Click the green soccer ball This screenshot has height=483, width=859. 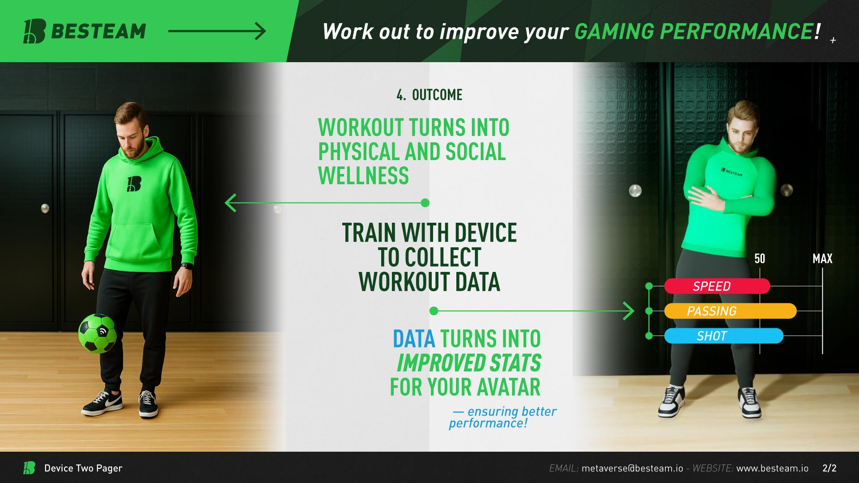point(98,333)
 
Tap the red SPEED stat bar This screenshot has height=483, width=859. point(717,286)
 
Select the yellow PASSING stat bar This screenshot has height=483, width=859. point(730,311)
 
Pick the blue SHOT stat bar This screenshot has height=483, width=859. point(723,336)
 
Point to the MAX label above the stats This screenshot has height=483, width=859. point(822,258)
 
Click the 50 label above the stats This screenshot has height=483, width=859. point(760,258)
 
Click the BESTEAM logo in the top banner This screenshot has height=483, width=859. point(85,31)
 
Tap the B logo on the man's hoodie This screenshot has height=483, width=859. point(134,184)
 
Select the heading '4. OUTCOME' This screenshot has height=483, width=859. point(429,95)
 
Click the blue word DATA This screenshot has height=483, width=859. point(414,339)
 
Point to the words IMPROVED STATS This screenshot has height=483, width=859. point(469,363)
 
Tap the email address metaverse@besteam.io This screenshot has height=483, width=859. point(632,468)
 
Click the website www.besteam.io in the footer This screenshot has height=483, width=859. point(772,468)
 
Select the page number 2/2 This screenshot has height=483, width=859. point(829,468)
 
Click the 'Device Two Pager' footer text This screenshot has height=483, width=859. point(83,468)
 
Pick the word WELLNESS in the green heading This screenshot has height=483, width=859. point(363,175)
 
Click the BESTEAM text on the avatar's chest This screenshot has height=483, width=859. point(731,171)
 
